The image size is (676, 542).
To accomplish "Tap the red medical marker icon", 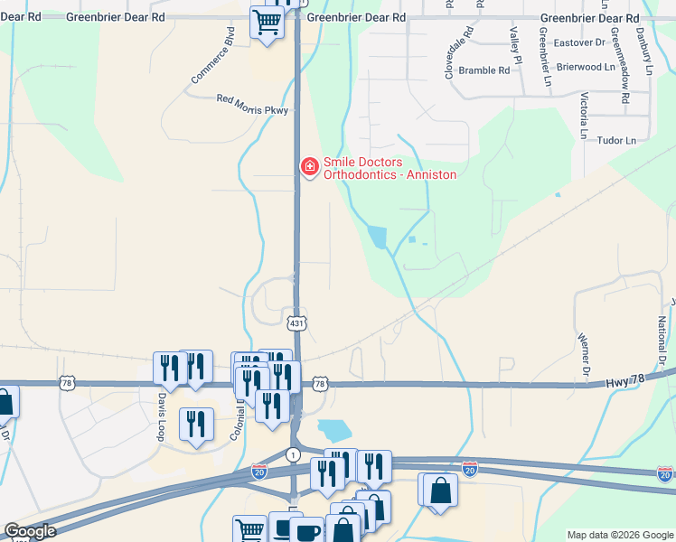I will coord(308,165).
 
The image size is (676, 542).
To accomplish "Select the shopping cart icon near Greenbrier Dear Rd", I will coord(267,22).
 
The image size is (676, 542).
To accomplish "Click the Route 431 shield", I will coord(296,322).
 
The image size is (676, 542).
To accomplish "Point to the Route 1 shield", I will coord(293,453).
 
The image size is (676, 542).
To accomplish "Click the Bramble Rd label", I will coord(484,70).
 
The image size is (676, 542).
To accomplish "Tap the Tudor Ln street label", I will coord(617,141).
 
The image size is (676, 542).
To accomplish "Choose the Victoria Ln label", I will coord(585,109).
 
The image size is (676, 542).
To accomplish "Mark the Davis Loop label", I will coord(163,408).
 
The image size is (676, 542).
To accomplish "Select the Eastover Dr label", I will coord(579,42).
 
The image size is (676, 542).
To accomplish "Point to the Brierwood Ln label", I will coord(586,67).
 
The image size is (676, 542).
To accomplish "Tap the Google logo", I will coord(30,532).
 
